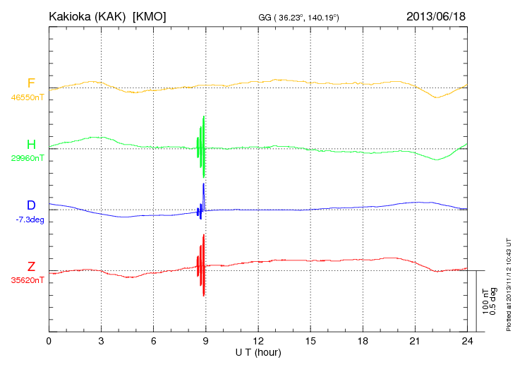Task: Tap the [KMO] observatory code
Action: (x=150, y=16)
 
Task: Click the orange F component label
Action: (x=31, y=84)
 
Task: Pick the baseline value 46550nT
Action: (x=27, y=97)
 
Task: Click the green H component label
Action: (x=31, y=145)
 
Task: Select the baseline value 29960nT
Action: (x=27, y=158)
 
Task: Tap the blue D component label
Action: (x=31, y=205)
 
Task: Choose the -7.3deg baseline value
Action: (x=30, y=219)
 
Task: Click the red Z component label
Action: (x=31, y=266)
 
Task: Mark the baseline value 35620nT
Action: (x=27, y=280)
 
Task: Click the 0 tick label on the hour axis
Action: (x=49, y=341)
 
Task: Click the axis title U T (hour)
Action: (x=258, y=351)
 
